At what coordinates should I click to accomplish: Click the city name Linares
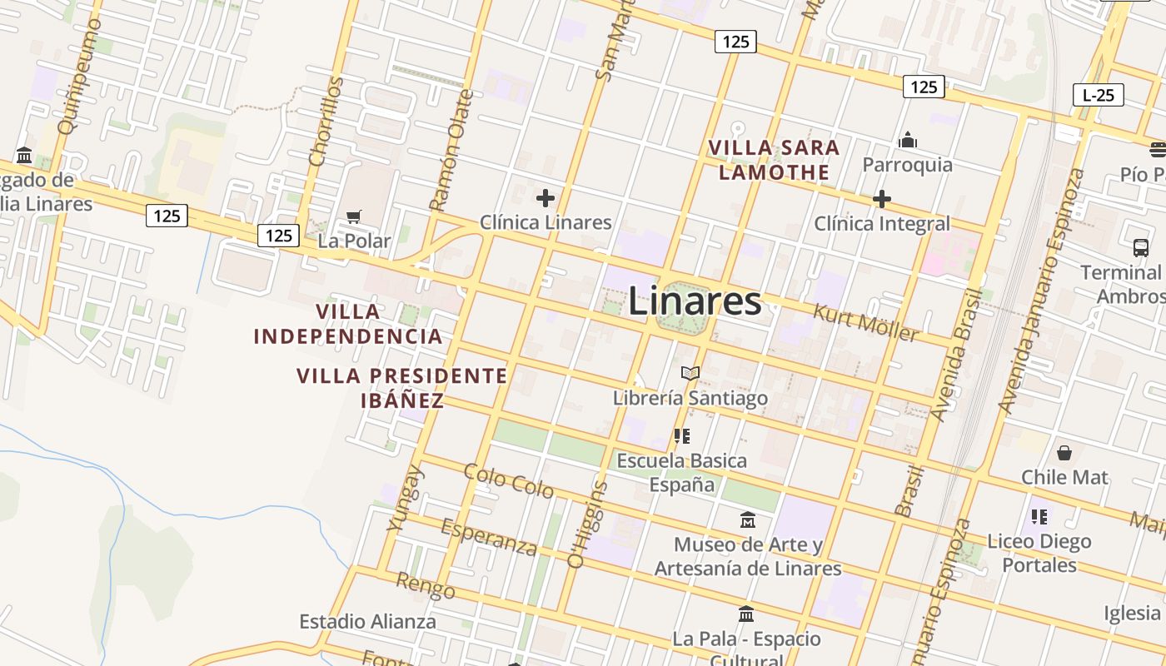(694, 301)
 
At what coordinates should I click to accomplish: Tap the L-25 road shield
(1098, 95)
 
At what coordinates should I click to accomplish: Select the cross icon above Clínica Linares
(546, 198)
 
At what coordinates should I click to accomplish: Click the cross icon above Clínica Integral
(881, 199)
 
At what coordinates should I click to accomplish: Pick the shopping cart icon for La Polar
(354, 216)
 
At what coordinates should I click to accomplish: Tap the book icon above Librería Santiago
(690, 373)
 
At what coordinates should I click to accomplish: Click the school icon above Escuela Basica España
(682, 435)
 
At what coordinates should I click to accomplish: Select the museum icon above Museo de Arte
(747, 519)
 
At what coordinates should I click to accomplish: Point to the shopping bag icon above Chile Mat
(1064, 453)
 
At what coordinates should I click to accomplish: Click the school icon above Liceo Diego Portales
(1039, 516)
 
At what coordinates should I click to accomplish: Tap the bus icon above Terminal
(1140, 247)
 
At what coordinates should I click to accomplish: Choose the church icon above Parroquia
(908, 140)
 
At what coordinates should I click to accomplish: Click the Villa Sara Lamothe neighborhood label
(775, 160)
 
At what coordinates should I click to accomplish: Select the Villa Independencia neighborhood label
(348, 324)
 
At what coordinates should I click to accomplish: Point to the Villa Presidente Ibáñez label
(402, 388)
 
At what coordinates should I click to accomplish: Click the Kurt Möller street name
(866, 323)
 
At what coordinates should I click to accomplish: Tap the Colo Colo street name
(509, 481)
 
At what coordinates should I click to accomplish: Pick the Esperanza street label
(489, 536)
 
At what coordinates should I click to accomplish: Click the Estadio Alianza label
(367, 621)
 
